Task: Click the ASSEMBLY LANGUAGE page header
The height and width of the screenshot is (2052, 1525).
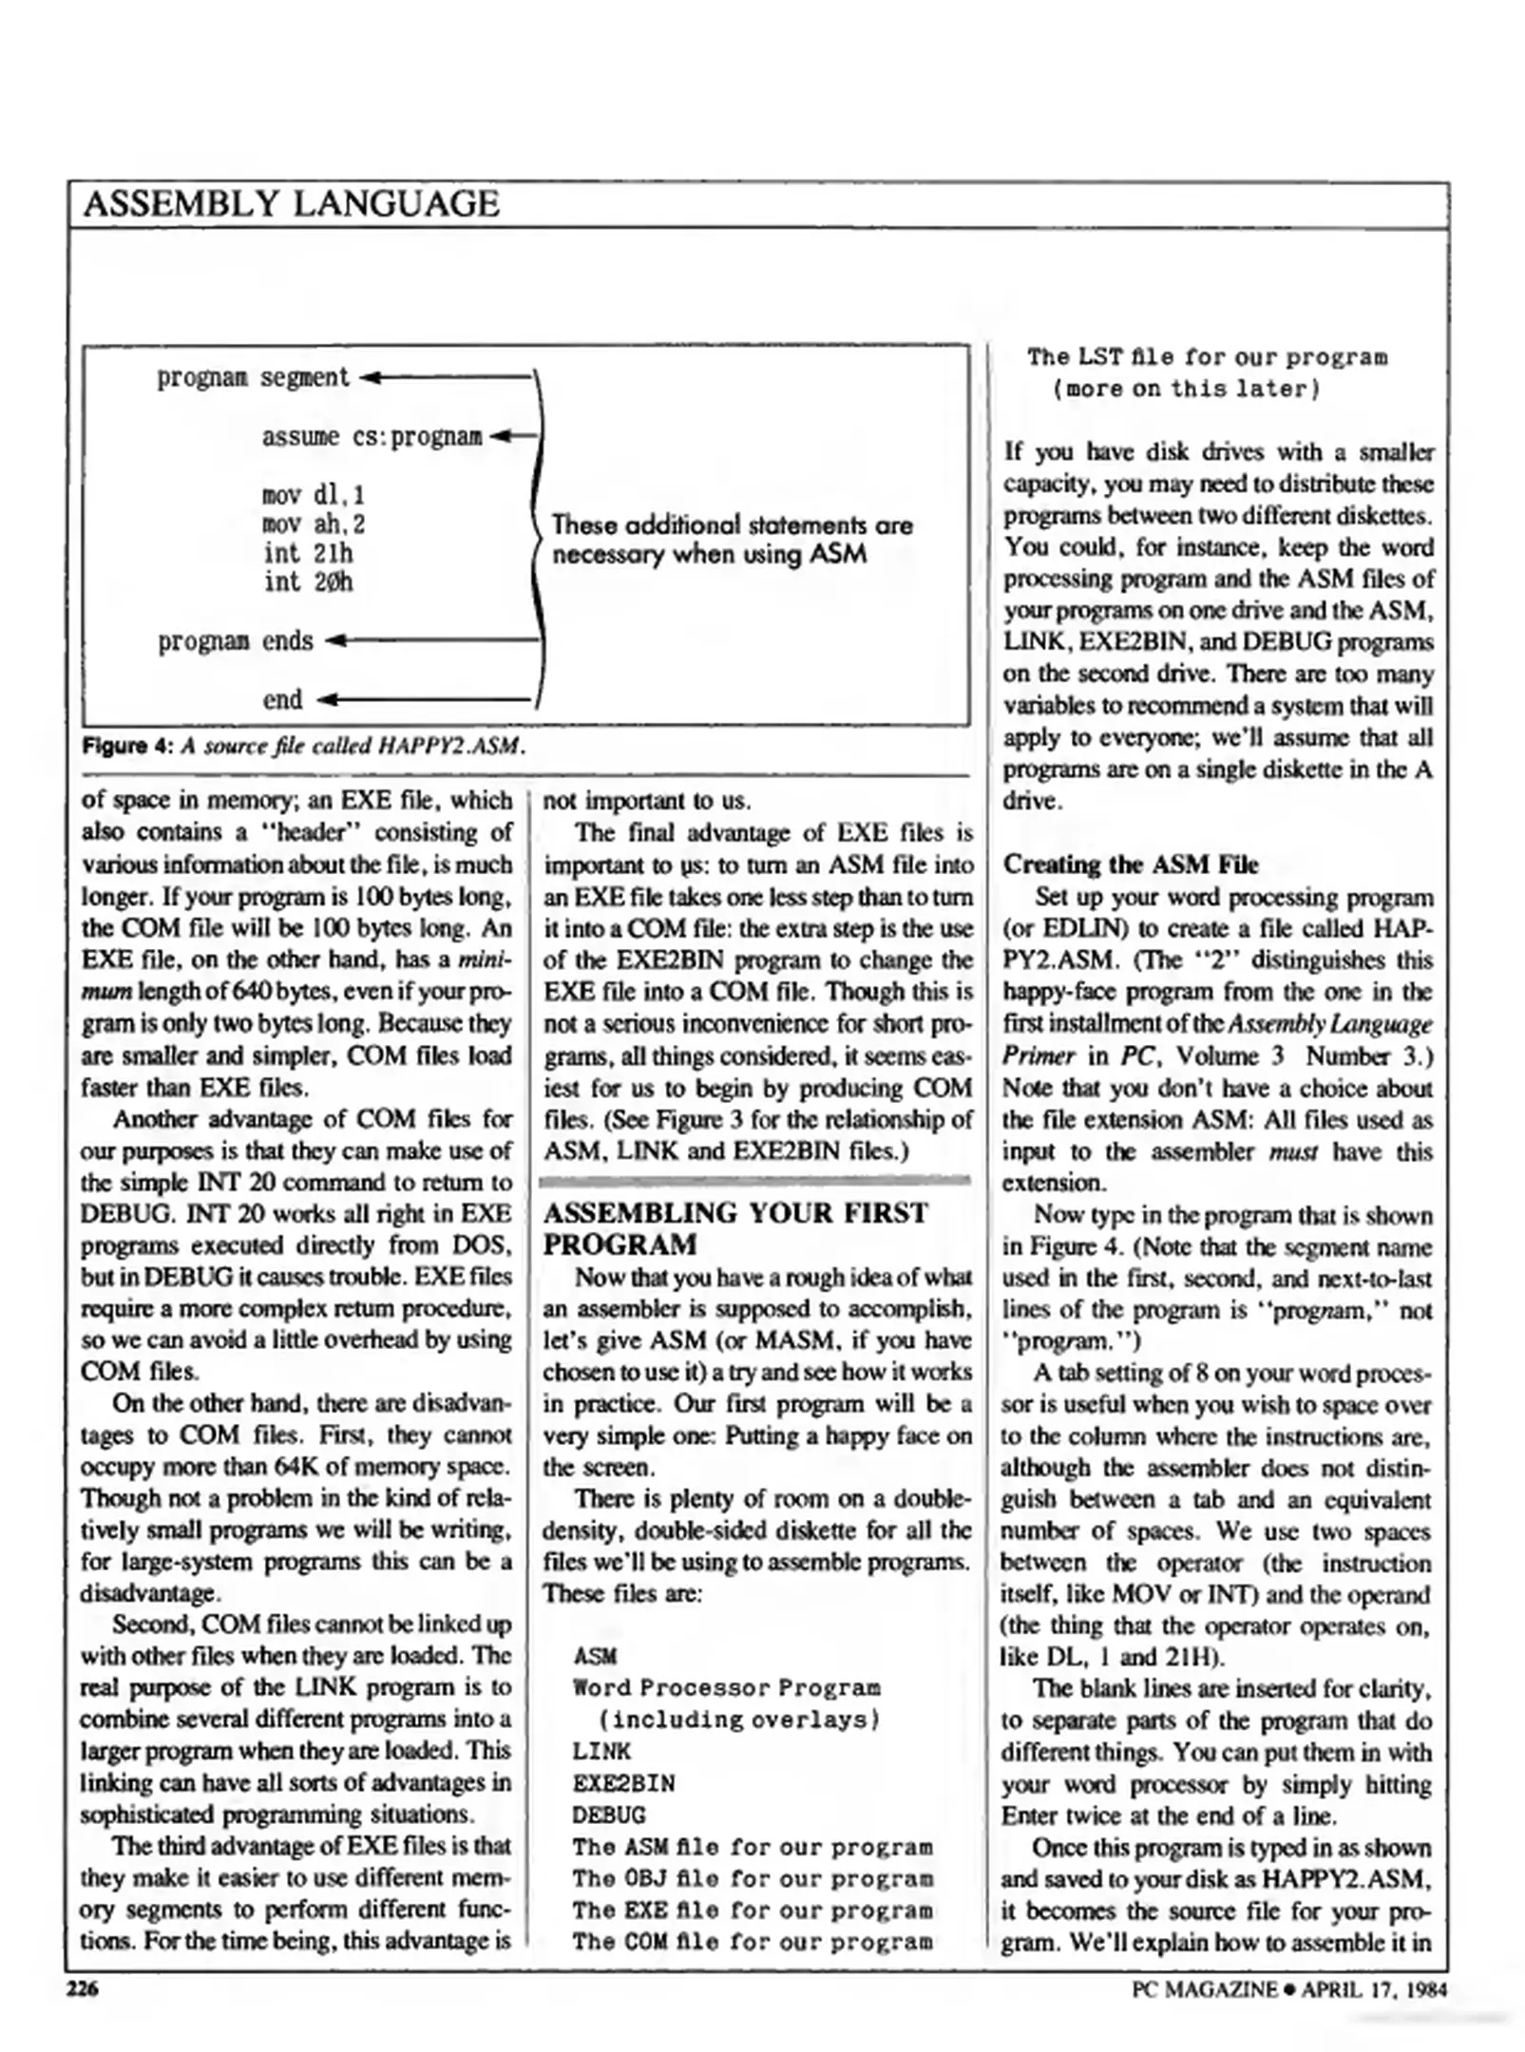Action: pyautogui.click(x=291, y=204)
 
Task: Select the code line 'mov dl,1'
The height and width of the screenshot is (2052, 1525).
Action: pyautogui.click(x=313, y=495)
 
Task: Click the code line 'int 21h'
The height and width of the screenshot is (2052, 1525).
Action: pyautogui.click(x=307, y=553)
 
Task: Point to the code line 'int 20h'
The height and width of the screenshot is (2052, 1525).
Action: pyautogui.click(x=307, y=581)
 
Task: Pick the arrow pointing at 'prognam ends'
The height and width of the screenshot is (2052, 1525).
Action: pyautogui.click(x=428, y=641)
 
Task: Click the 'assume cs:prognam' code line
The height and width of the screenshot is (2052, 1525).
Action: pyautogui.click(x=372, y=437)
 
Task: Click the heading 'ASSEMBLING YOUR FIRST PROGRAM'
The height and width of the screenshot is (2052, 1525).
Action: pyautogui.click(x=734, y=1228)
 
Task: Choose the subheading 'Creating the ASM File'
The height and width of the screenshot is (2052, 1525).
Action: pyautogui.click(x=1130, y=864)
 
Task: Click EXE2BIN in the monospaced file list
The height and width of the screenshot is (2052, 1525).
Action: pyautogui.click(x=623, y=1783)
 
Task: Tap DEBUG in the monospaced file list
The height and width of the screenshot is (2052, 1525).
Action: pyautogui.click(x=608, y=1815)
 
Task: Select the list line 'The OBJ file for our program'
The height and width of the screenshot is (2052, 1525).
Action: pyautogui.click(x=752, y=1879)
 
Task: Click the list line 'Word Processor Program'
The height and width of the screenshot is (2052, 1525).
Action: pyautogui.click(x=726, y=1688)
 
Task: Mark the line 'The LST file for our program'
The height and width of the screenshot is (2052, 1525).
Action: pyautogui.click(x=1206, y=358)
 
